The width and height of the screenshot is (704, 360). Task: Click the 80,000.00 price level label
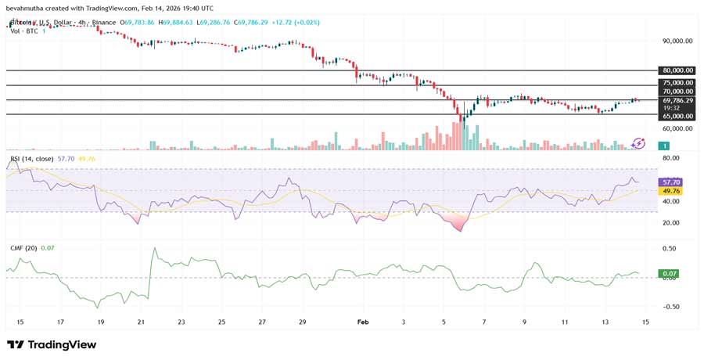click(x=677, y=70)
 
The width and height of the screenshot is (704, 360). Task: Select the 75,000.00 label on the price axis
click(x=677, y=82)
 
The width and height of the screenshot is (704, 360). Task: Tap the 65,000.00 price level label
click(x=677, y=115)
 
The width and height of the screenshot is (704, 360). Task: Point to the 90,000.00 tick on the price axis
click(x=677, y=41)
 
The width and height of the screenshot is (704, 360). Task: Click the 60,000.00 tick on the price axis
click(x=677, y=128)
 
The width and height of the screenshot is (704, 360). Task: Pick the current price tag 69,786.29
click(x=677, y=100)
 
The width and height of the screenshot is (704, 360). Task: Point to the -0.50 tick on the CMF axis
click(x=670, y=307)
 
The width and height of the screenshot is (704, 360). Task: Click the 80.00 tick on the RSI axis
click(x=670, y=158)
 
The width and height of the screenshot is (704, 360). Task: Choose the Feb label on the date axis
click(x=361, y=322)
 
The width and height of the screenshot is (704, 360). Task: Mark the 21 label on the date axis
click(x=141, y=322)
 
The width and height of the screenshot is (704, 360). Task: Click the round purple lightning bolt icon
click(x=639, y=142)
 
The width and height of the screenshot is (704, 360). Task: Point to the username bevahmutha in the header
click(x=32, y=7)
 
